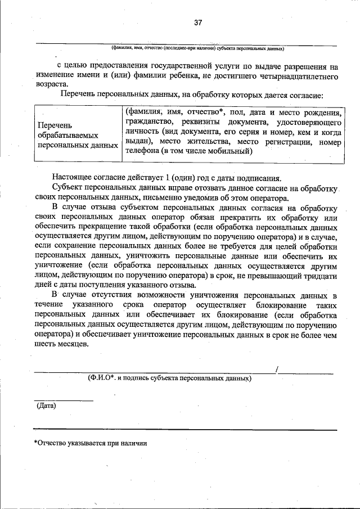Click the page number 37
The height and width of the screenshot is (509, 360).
point(198,22)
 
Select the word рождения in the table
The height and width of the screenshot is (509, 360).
point(320,112)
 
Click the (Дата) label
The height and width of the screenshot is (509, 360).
point(46,405)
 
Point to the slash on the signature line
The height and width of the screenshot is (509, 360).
point(277,369)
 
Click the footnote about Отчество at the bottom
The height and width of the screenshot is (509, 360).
point(90,443)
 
